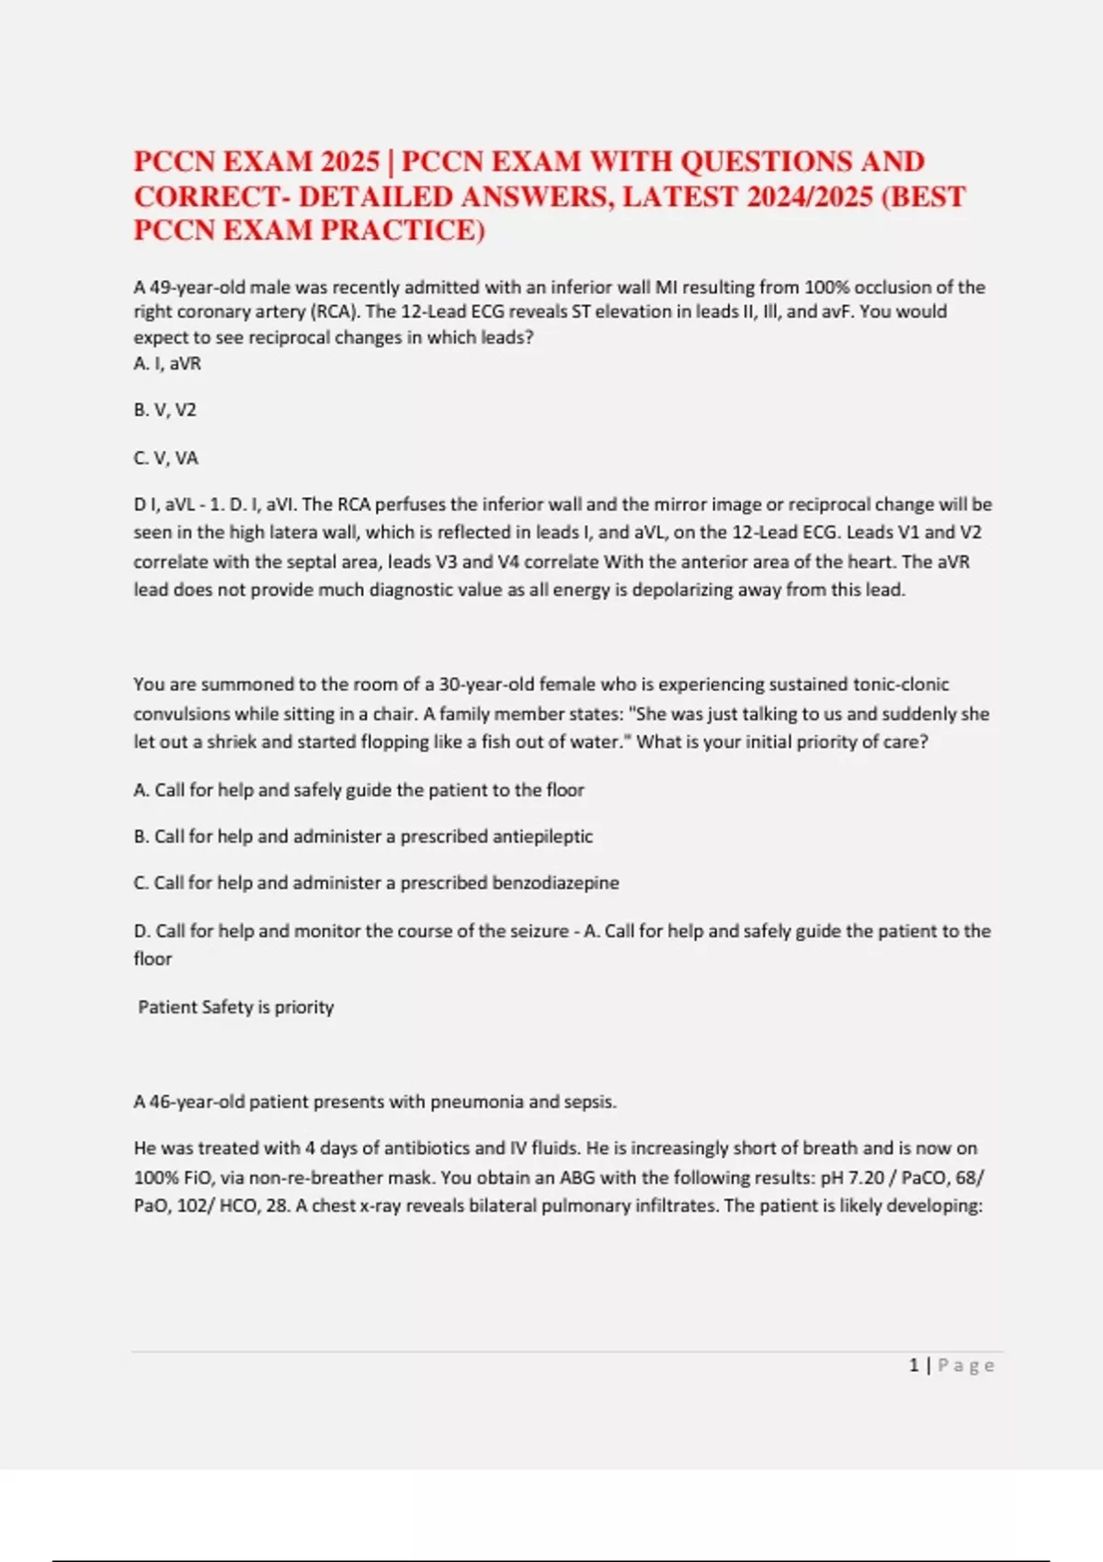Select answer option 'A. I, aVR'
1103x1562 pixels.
167,363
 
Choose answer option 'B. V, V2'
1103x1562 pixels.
165,410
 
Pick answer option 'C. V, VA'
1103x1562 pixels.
166,458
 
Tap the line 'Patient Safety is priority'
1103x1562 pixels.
236,1007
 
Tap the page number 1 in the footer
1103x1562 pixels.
914,1365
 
